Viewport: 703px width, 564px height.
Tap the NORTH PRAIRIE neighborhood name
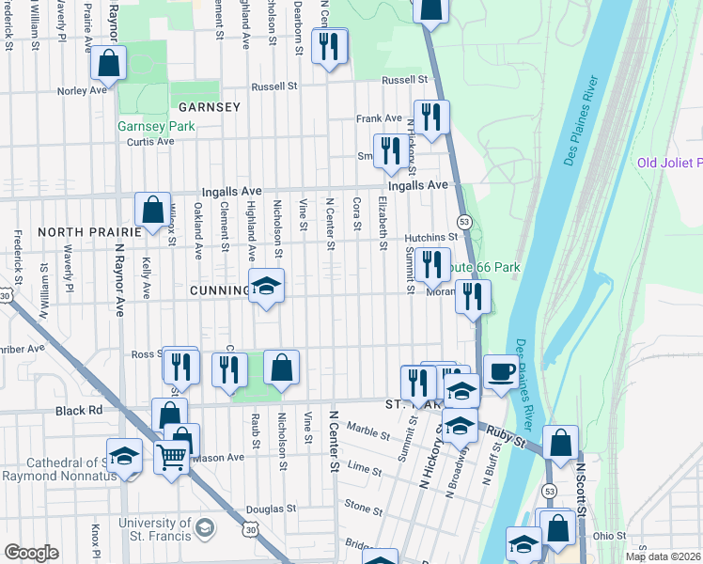pyautogui.click(x=81, y=231)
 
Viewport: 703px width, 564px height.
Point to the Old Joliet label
pyautogui.click(x=669, y=163)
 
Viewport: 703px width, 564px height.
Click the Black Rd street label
pyautogui.click(x=79, y=411)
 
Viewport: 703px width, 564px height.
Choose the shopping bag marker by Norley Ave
pyautogui.click(x=109, y=64)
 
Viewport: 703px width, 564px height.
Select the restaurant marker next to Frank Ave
pyautogui.click(x=431, y=117)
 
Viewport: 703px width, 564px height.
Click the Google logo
pyautogui.click(x=31, y=553)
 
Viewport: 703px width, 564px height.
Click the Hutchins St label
pyautogui.click(x=431, y=238)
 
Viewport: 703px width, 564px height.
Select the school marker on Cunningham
pyautogui.click(x=266, y=288)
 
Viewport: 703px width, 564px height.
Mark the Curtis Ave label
pyautogui.click(x=150, y=142)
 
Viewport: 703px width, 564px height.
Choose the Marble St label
pyautogui.click(x=367, y=433)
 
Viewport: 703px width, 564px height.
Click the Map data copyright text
pyautogui.click(x=662, y=556)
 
